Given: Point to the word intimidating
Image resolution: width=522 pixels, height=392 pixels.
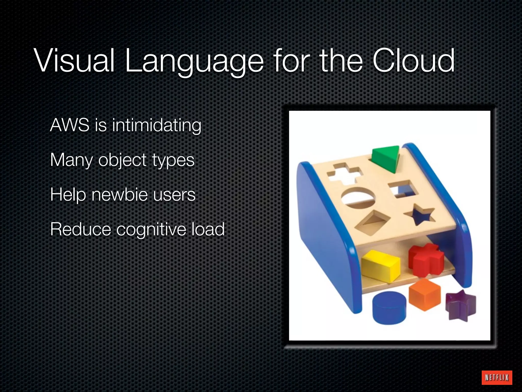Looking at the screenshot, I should tap(156, 126).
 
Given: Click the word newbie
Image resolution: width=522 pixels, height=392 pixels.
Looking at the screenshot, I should tap(120, 194).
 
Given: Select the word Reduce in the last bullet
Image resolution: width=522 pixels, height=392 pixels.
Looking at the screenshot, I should tap(81, 229).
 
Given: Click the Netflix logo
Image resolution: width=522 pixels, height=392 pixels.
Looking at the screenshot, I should tap(497, 377).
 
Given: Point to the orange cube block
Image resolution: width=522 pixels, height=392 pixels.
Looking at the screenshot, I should tap(424, 295).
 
